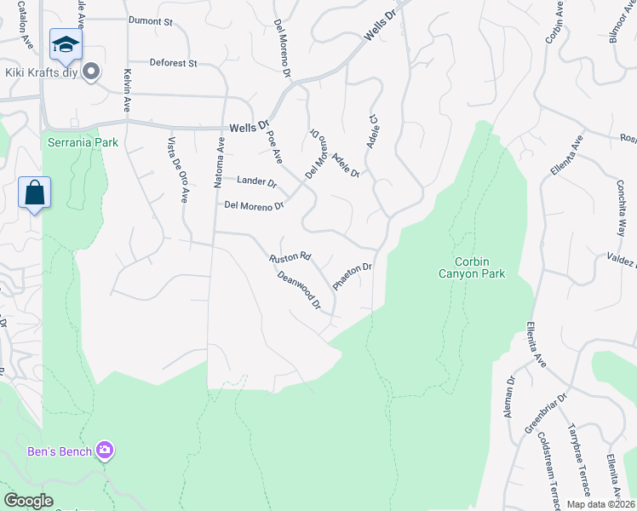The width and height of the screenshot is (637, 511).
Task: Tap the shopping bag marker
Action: click(x=34, y=192)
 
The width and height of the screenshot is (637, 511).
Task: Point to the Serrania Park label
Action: click(x=83, y=142)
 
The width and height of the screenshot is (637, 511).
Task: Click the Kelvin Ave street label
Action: click(x=126, y=90)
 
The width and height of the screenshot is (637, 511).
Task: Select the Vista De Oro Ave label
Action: click(x=177, y=170)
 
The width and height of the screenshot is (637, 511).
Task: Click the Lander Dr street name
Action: click(x=256, y=181)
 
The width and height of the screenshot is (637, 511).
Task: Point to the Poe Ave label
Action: click(x=274, y=146)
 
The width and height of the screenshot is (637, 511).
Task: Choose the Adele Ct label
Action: click(x=371, y=132)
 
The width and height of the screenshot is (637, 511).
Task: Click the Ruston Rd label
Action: click(x=290, y=256)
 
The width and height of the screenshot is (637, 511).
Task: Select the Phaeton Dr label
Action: click(x=353, y=277)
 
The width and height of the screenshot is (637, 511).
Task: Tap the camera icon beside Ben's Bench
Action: click(x=105, y=451)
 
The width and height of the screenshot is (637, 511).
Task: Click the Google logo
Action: click(x=29, y=501)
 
